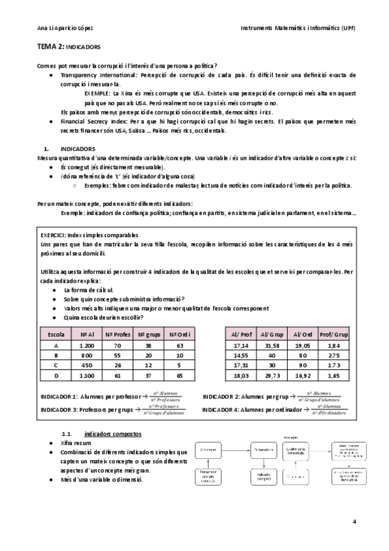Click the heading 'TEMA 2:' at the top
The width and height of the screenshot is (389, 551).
click(x=51, y=47)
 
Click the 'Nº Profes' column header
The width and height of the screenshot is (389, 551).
click(x=119, y=334)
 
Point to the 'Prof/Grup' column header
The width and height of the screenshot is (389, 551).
click(x=336, y=334)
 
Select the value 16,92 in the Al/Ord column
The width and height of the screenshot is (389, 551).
click(x=303, y=376)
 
